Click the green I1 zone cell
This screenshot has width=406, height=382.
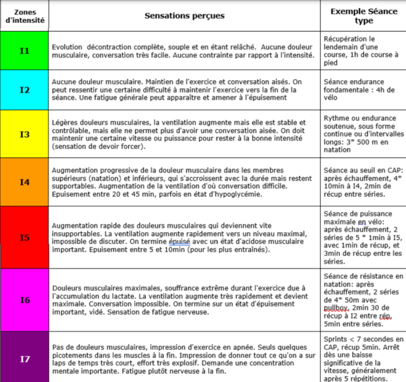pos(24,50)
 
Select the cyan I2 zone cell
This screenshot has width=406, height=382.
pos(24,90)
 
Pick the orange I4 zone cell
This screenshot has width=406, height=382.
pos(24,181)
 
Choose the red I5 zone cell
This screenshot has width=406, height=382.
pos(24,237)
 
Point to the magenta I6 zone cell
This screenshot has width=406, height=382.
pos(24,299)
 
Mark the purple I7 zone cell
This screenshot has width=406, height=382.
pos(24,358)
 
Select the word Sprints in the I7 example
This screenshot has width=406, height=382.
pos(337,339)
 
